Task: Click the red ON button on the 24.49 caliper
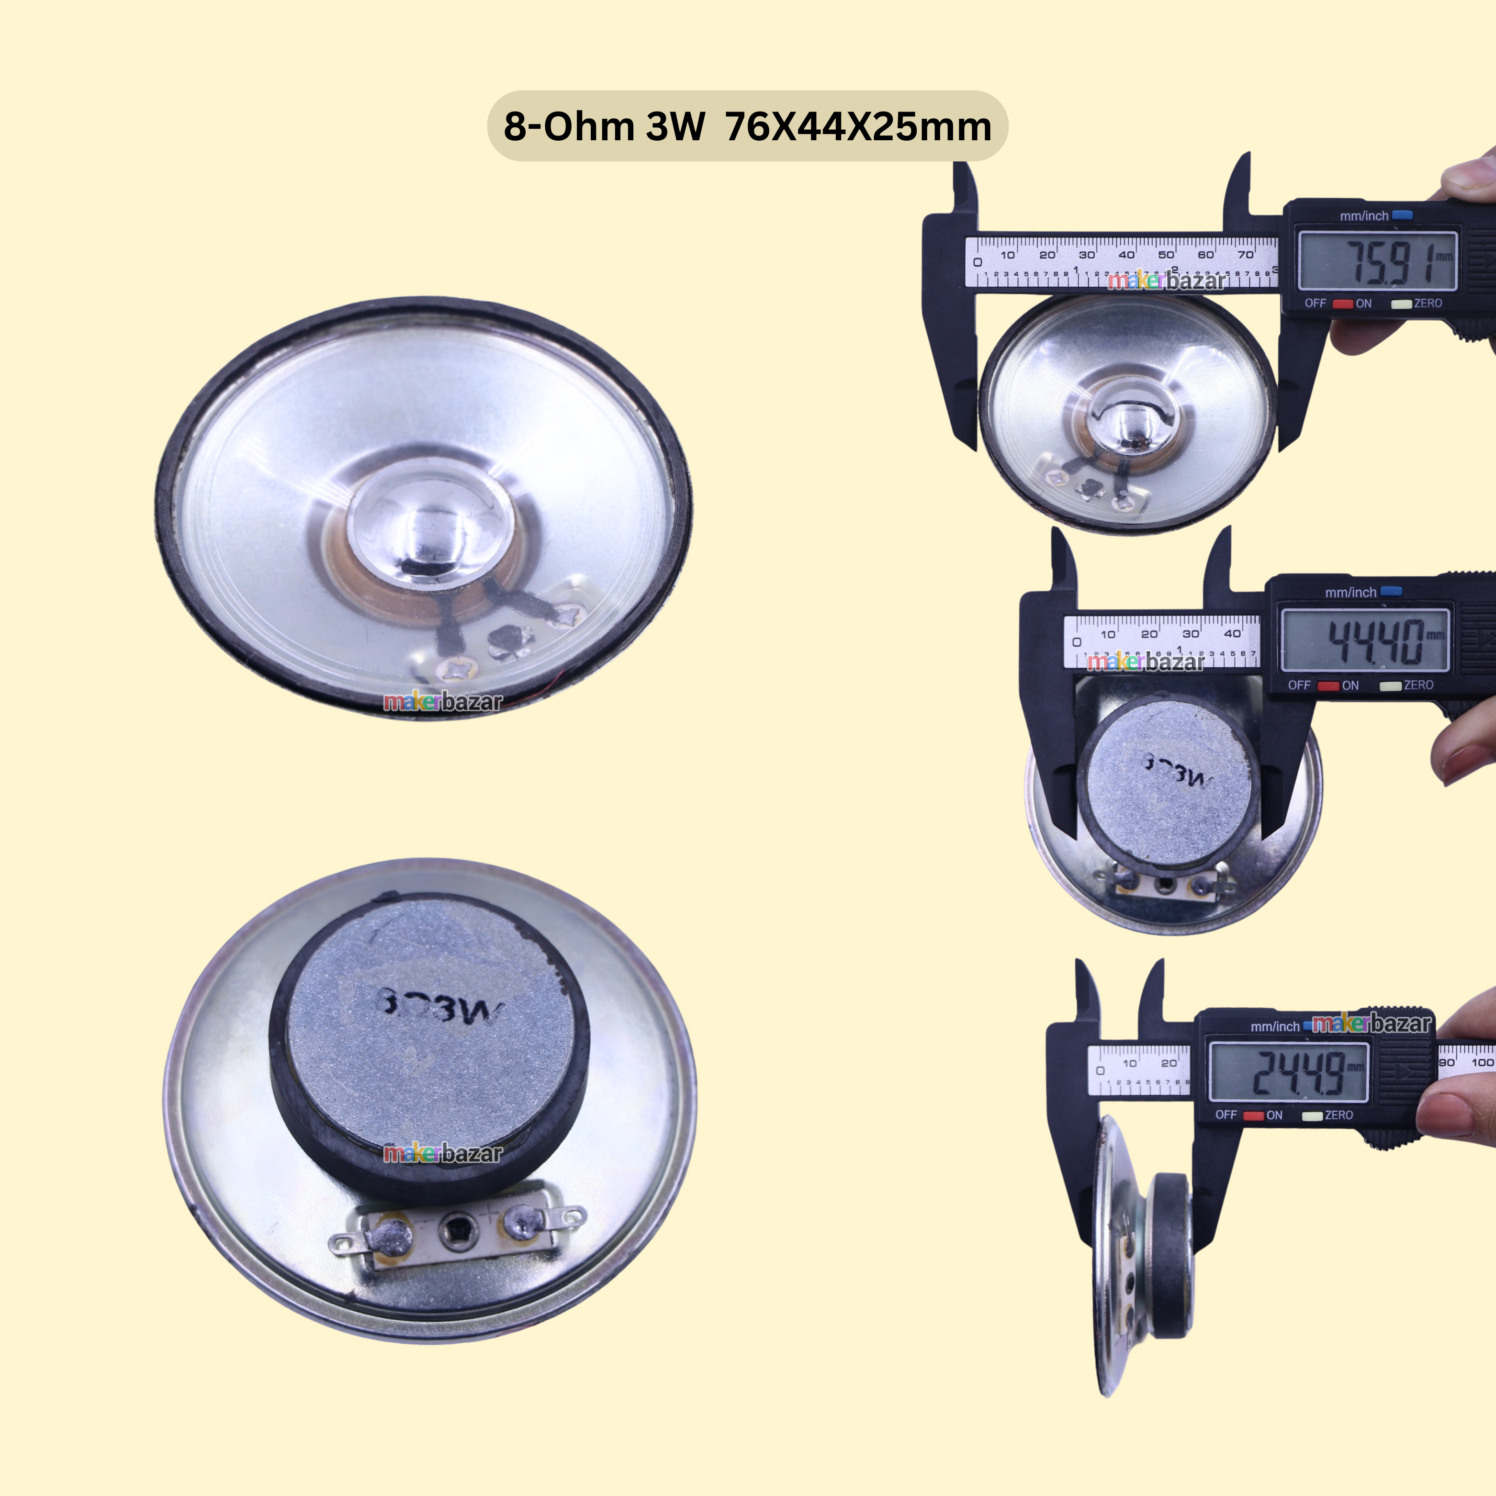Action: [x=1253, y=1116]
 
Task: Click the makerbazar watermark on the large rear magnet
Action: [x=443, y=1154]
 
